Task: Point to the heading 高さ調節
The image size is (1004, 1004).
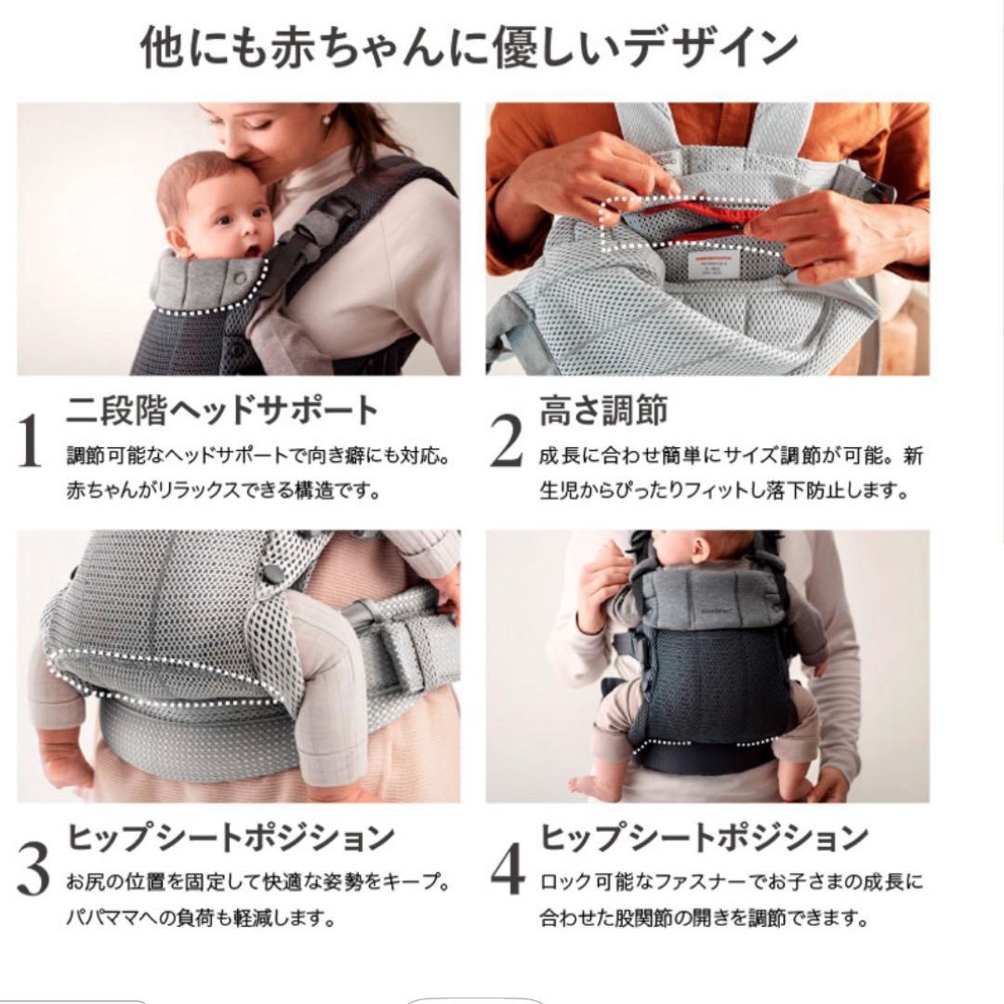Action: pyautogui.click(x=603, y=410)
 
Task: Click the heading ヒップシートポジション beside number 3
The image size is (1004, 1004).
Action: pyautogui.click(x=231, y=838)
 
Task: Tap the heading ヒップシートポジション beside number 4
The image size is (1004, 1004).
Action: pyautogui.click(x=704, y=838)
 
